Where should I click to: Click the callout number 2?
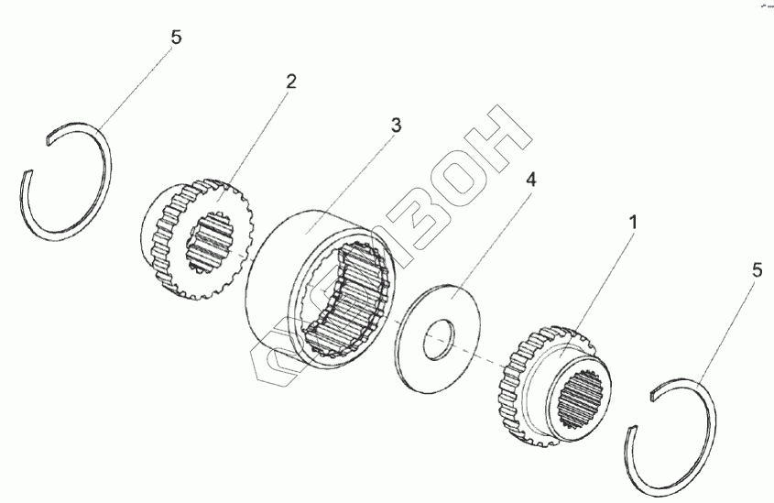point(290,82)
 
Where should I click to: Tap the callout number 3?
point(395,126)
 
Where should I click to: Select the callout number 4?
point(530,180)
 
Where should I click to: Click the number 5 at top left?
point(176,38)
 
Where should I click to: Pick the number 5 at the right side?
point(755,271)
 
